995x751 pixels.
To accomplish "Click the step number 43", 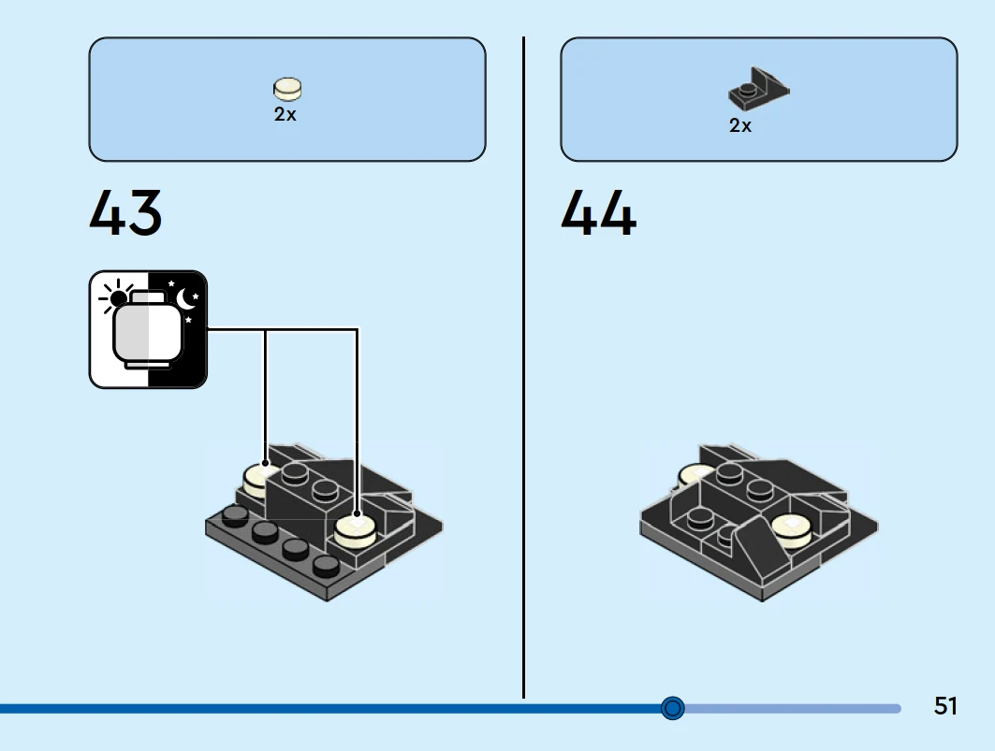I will coord(125,213).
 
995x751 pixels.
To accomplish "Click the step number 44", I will coord(598,213).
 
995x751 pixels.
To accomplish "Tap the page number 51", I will coord(945,706).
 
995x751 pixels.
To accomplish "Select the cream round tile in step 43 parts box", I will coord(287,88).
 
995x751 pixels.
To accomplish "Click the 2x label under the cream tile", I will coord(285,115).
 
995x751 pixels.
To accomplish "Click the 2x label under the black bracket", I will coord(740,125).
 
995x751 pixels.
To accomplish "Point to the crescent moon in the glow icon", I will coord(186,298).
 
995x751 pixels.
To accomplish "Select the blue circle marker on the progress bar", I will coord(672,708).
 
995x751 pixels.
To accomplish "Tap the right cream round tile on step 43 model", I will coord(356,529).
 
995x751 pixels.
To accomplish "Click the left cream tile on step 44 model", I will coord(694,475).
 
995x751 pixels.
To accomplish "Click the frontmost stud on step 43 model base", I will coord(326,565).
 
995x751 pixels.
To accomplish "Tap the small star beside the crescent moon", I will coord(171,283).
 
